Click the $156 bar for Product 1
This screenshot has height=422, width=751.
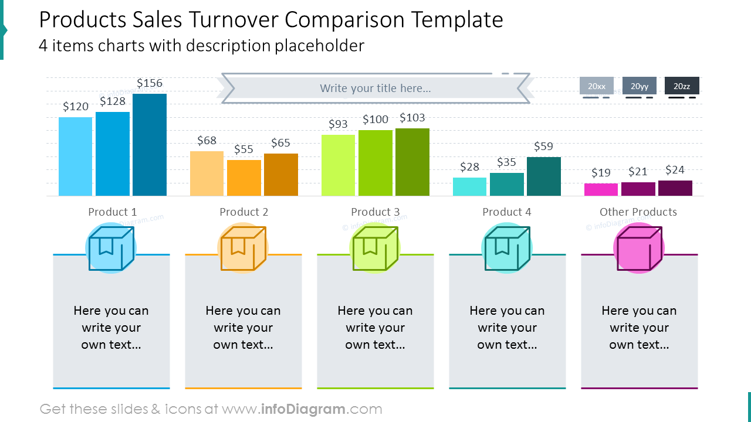click(150, 145)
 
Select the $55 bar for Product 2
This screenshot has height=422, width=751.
click(244, 178)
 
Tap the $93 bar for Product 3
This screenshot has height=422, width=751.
click(339, 165)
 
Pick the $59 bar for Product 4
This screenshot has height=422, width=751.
click(544, 176)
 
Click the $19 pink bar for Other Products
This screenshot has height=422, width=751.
click(601, 189)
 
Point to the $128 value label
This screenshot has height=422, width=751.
click(113, 101)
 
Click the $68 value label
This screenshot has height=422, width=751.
click(207, 140)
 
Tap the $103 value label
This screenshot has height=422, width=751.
click(412, 118)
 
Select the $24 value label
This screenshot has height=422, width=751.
click(675, 170)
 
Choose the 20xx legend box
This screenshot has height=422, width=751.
click(597, 86)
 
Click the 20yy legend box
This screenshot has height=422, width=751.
click(640, 86)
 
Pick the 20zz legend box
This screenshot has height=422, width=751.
click(682, 86)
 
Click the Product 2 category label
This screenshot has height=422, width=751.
click(243, 212)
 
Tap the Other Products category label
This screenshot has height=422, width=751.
click(638, 212)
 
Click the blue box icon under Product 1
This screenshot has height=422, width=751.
click(111, 248)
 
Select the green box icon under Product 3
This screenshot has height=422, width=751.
click(375, 248)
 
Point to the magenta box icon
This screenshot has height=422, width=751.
click(639, 248)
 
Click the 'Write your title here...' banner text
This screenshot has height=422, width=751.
click(375, 88)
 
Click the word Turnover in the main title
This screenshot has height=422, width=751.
click(234, 19)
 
